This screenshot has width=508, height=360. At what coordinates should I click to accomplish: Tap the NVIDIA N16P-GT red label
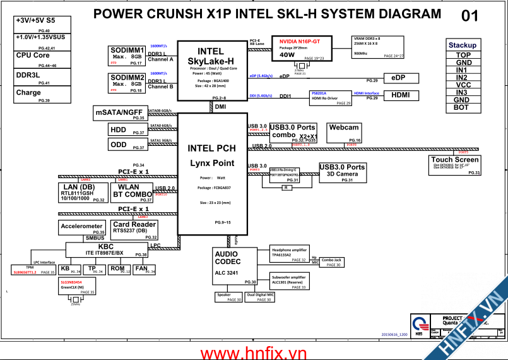click(x=300, y=42)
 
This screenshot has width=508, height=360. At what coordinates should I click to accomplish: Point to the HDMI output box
click(x=400, y=95)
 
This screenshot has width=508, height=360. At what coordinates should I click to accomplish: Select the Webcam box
click(x=344, y=133)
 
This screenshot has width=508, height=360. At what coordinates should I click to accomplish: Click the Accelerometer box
click(x=82, y=229)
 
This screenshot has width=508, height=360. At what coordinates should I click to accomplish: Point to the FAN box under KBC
click(x=141, y=270)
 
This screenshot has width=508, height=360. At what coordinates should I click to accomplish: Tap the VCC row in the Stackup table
click(x=463, y=85)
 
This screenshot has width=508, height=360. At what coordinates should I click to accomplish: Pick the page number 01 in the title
click(x=470, y=16)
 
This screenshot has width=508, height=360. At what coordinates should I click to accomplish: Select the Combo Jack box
click(x=331, y=261)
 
